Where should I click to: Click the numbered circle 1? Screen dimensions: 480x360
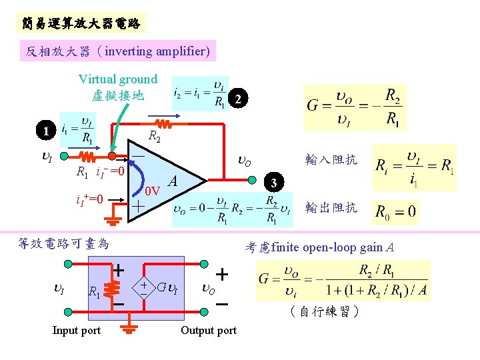(x=45, y=132)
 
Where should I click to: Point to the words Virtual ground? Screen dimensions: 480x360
(x=118, y=79)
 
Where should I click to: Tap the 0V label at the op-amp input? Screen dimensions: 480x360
(x=153, y=191)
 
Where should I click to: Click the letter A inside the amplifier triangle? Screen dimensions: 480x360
(x=173, y=181)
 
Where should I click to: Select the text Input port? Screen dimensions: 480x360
(x=77, y=331)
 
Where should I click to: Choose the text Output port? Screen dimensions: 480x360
(x=209, y=331)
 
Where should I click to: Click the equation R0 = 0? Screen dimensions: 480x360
(x=396, y=213)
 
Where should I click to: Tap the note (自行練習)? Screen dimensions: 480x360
(x=325, y=311)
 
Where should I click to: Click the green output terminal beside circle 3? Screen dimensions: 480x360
(x=253, y=179)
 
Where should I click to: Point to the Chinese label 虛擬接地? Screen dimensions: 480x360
(x=118, y=95)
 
